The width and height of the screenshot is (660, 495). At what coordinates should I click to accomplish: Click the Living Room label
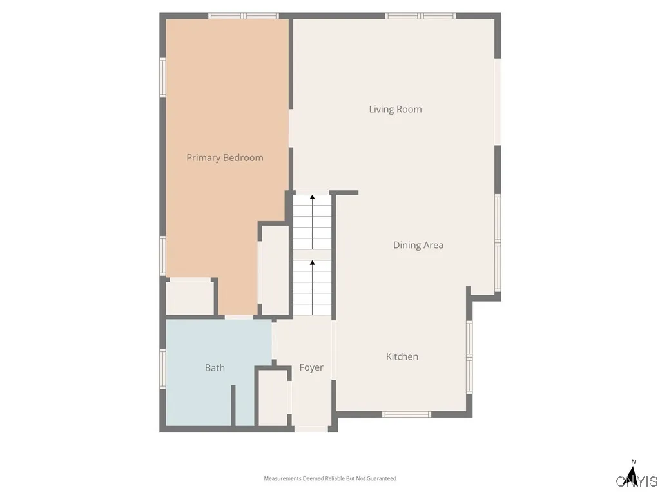(395, 109)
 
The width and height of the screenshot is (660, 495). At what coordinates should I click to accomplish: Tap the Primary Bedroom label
(225, 157)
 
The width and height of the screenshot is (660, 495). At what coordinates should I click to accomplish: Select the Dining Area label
(418, 245)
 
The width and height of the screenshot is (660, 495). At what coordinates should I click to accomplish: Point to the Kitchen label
(402, 356)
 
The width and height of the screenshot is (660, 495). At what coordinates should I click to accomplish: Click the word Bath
(215, 367)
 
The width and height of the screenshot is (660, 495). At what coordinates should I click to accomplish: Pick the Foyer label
(311, 367)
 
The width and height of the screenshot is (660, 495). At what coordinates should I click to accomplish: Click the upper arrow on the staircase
(313, 197)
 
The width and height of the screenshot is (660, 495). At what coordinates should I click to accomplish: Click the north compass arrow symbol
(633, 475)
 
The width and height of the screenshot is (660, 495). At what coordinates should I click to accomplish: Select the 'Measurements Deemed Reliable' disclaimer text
(330, 478)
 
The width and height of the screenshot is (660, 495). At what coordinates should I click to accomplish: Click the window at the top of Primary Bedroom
(244, 15)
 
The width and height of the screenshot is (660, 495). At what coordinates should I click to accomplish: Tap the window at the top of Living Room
(420, 15)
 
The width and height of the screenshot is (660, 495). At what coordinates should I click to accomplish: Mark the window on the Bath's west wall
(163, 368)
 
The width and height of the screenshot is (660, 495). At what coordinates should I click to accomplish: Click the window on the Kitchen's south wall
(407, 414)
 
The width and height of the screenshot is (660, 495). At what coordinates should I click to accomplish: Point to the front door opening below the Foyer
(311, 429)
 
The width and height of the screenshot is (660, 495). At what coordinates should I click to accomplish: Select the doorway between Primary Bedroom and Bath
(239, 317)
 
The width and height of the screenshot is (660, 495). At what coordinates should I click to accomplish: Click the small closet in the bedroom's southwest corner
(189, 298)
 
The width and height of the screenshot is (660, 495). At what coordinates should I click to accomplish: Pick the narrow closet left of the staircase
(275, 271)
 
